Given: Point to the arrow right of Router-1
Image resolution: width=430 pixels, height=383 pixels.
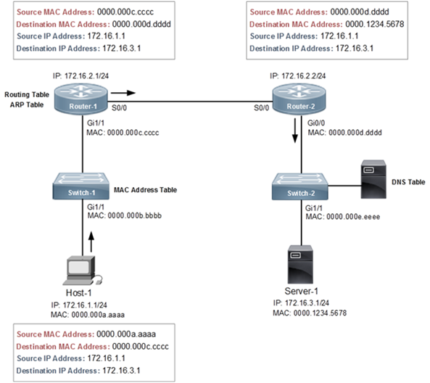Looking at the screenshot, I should [x=125, y=93].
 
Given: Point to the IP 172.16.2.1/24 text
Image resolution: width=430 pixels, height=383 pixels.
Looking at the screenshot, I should [x=81, y=75].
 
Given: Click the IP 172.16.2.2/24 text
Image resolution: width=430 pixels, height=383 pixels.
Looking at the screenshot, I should [x=297, y=75].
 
